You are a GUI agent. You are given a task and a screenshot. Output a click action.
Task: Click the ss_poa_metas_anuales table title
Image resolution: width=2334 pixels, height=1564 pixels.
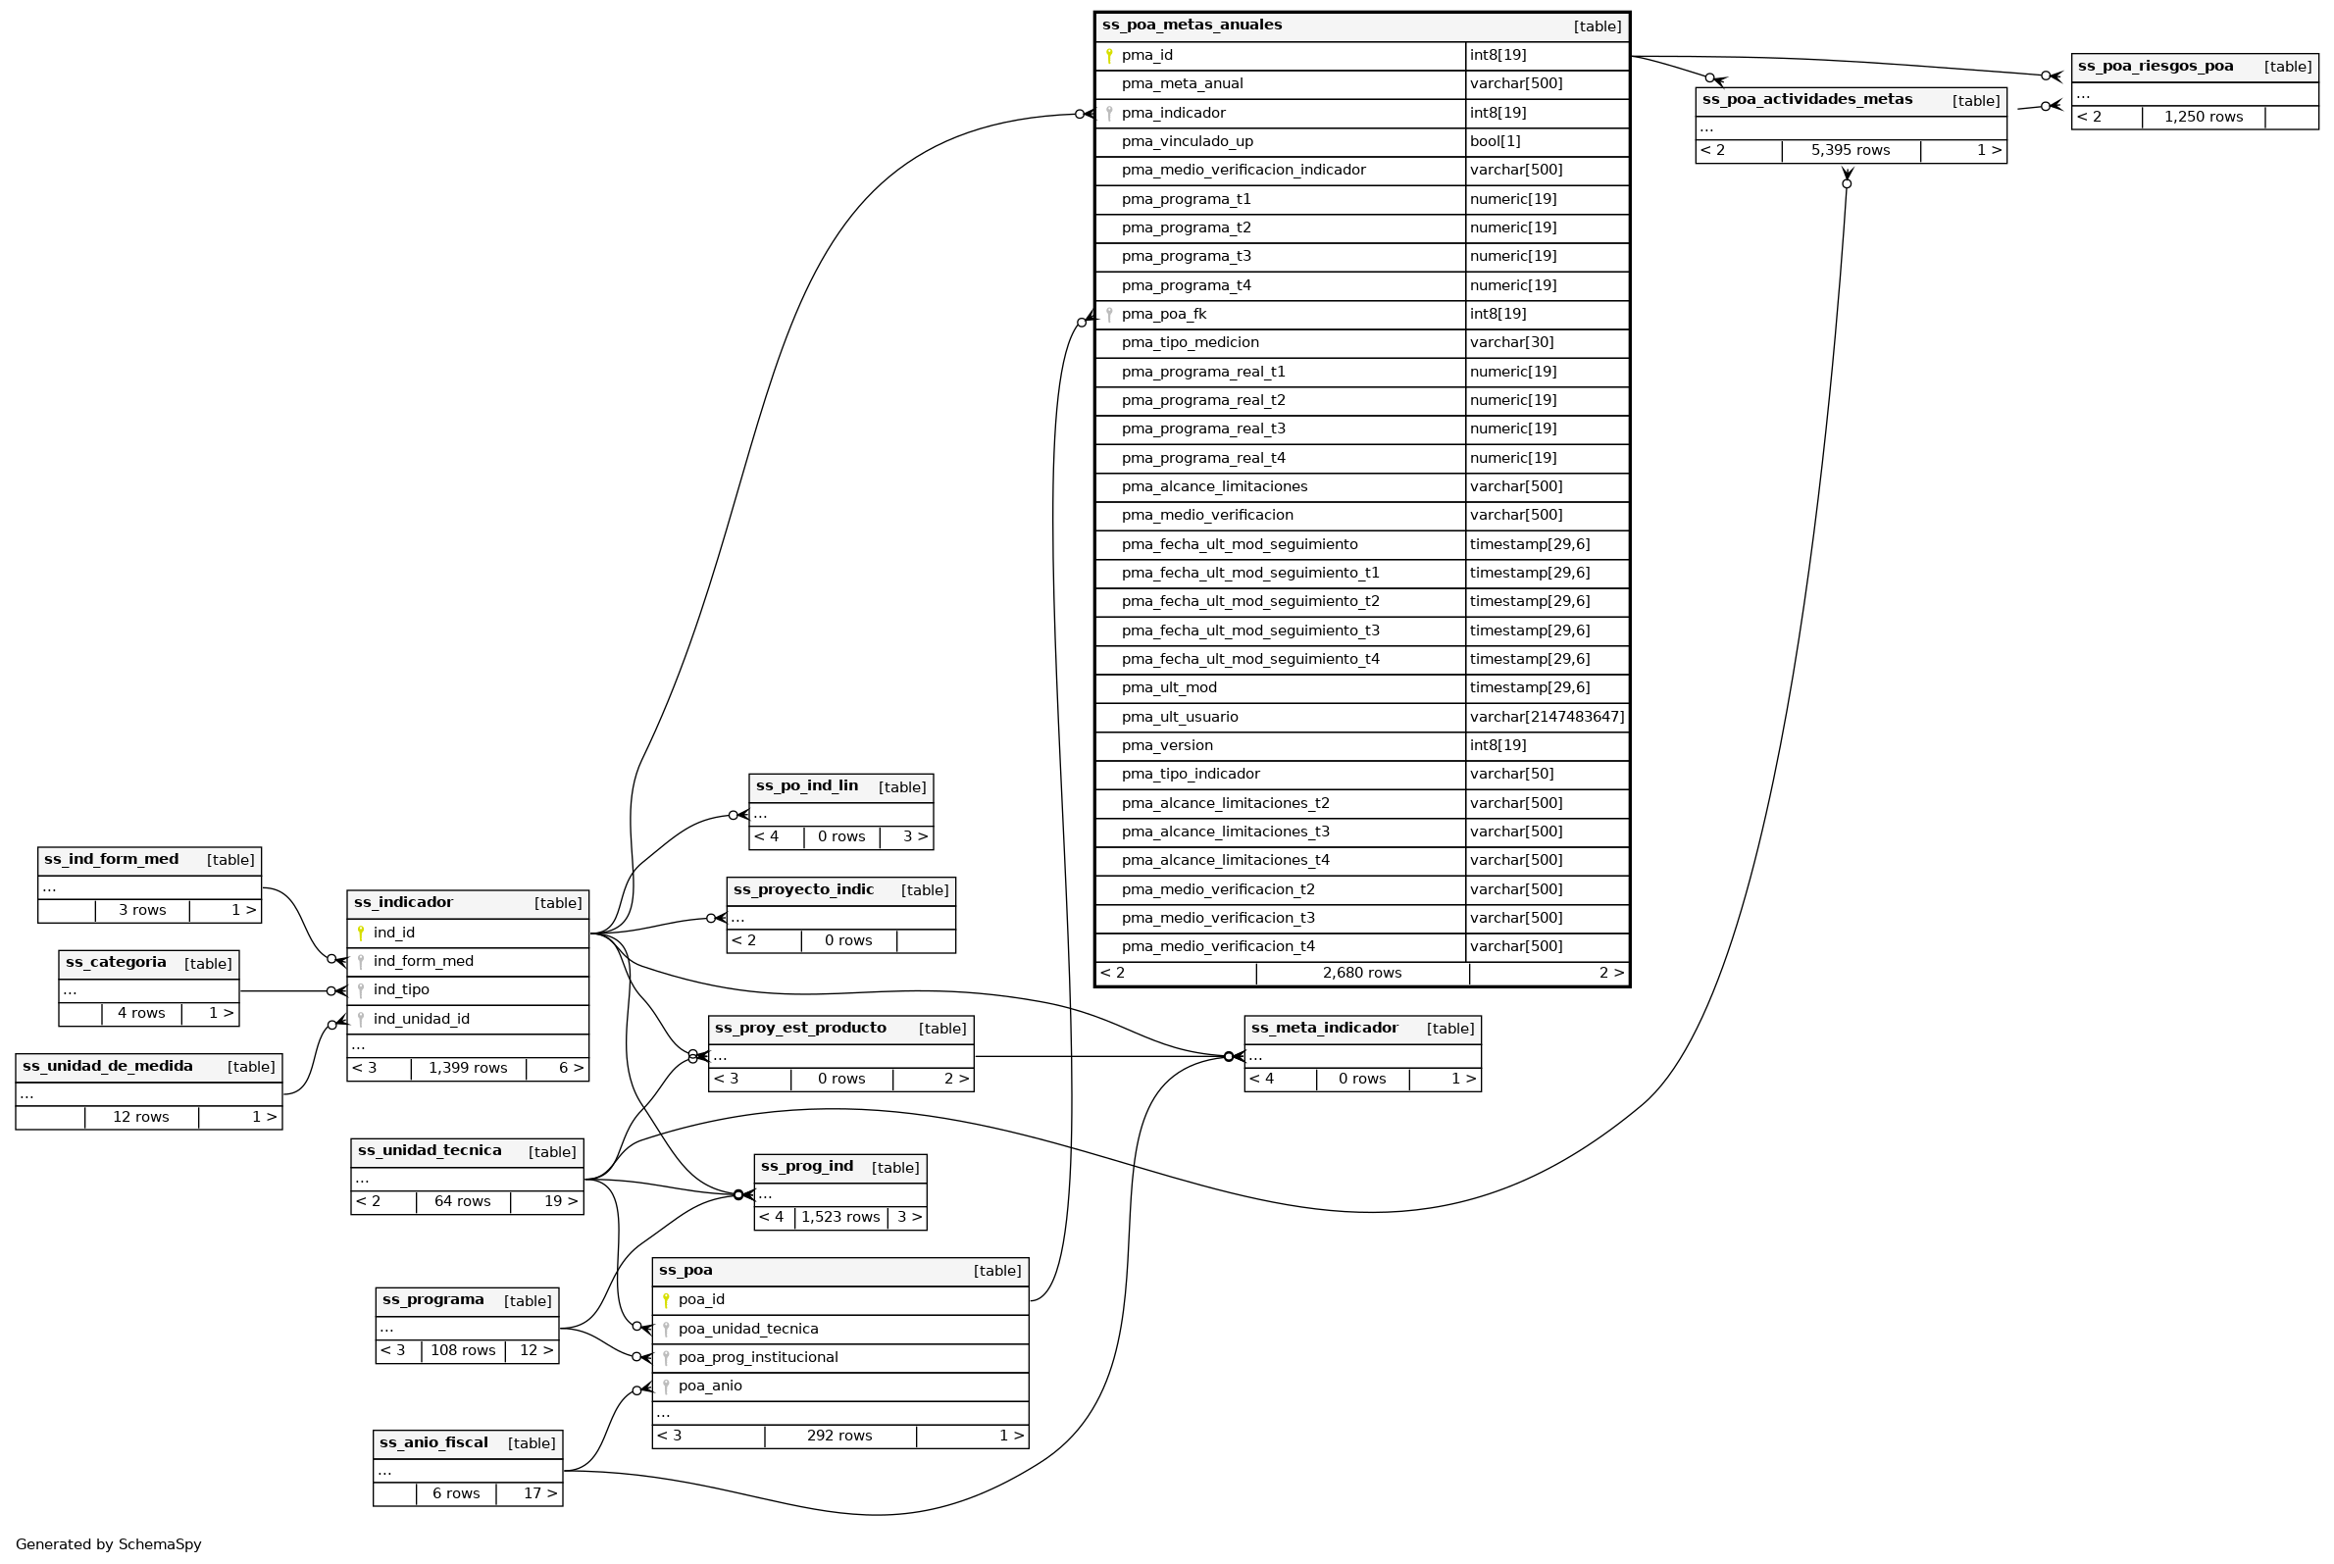coord(1191,25)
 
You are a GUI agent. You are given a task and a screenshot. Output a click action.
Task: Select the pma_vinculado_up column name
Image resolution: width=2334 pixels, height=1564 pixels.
coord(1187,141)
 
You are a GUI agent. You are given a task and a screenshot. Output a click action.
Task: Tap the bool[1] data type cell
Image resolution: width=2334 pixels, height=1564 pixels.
coord(1495,141)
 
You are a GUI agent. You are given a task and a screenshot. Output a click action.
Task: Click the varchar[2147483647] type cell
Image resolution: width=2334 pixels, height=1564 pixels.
coord(1546,717)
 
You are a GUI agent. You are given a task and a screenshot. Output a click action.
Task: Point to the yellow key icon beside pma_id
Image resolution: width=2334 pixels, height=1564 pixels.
coord(1108,56)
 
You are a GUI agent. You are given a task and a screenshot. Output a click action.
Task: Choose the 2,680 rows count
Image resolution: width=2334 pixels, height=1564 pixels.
coord(1361,974)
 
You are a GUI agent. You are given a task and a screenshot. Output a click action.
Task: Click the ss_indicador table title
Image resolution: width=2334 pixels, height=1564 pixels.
coord(403,903)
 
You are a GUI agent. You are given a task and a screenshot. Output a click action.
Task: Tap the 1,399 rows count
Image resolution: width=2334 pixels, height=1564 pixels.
coord(468,1068)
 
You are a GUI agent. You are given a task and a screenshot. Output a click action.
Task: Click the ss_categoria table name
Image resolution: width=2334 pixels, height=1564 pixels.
coord(116,963)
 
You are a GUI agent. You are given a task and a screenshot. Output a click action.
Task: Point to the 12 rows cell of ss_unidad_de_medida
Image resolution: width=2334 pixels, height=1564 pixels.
coord(140,1117)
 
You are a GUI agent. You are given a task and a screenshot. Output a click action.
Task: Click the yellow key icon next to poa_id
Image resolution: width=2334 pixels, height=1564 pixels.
coord(665,1300)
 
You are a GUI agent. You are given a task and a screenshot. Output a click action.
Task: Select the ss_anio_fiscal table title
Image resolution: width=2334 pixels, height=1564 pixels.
coord(433,1443)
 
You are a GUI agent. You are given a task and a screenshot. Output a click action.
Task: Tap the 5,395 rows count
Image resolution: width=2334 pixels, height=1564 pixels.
coord(1851,151)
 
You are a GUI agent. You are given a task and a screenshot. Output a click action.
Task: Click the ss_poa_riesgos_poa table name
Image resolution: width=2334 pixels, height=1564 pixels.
coord(2156,67)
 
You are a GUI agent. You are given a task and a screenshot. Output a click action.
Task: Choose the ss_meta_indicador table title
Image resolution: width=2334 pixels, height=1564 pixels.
coord(1324,1029)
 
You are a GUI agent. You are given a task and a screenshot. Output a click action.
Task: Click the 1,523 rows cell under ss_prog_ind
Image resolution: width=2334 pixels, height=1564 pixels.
coord(839,1217)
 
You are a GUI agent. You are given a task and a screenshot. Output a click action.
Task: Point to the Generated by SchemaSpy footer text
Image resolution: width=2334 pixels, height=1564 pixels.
coord(109,1544)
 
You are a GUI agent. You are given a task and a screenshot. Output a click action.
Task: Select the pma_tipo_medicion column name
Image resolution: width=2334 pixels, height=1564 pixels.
coord(1190,343)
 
